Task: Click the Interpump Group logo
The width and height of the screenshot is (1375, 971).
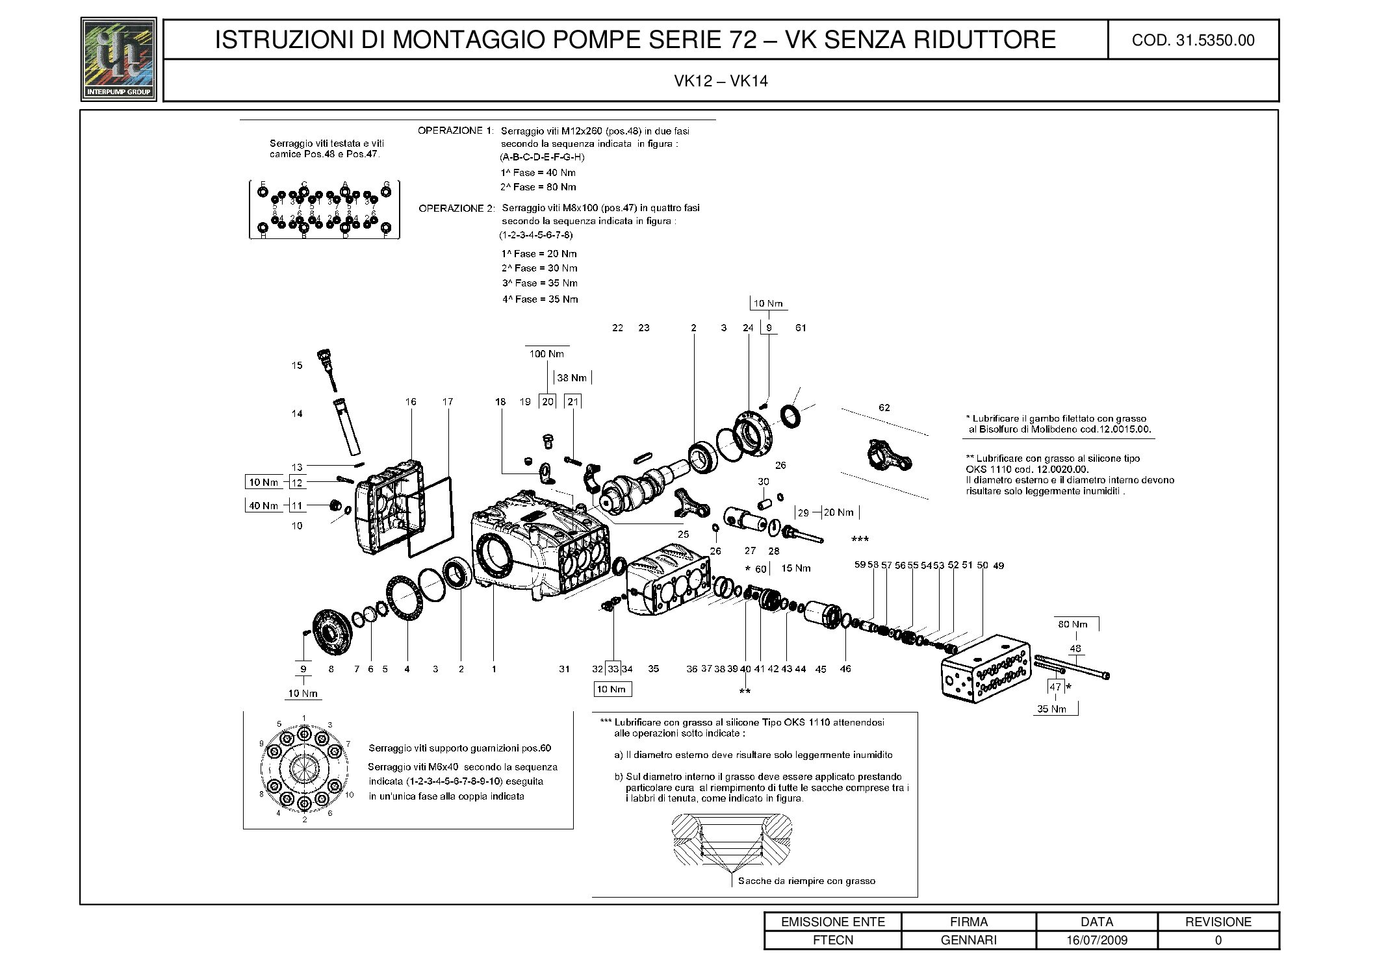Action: point(118,58)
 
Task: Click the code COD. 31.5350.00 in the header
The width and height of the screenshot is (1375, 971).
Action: point(1192,40)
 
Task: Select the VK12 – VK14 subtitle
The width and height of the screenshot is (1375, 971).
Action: point(721,81)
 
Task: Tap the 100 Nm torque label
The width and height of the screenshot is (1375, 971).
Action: point(546,354)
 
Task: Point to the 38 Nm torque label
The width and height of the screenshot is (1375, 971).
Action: point(572,378)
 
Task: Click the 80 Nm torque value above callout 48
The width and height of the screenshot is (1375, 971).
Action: point(1072,624)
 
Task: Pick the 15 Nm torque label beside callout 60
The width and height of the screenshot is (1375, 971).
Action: point(795,568)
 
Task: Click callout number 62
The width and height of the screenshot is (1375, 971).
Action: point(884,408)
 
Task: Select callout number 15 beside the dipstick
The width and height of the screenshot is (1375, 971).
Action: point(297,366)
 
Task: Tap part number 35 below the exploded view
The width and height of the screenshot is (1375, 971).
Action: point(653,668)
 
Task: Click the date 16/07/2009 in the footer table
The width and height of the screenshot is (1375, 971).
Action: point(1096,940)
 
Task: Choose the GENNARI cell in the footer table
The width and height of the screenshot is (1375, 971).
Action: point(968,940)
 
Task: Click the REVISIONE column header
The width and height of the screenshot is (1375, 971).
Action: point(1218,922)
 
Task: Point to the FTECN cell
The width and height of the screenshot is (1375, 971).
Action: point(833,940)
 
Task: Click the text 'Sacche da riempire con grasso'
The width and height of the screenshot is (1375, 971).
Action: point(806,881)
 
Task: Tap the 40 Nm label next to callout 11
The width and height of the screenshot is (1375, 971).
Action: point(263,506)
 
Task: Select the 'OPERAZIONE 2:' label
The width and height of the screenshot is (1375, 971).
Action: point(456,208)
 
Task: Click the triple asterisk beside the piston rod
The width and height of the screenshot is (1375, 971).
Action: point(860,539)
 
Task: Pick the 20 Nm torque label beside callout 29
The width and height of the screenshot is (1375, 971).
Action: point(838,512)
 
